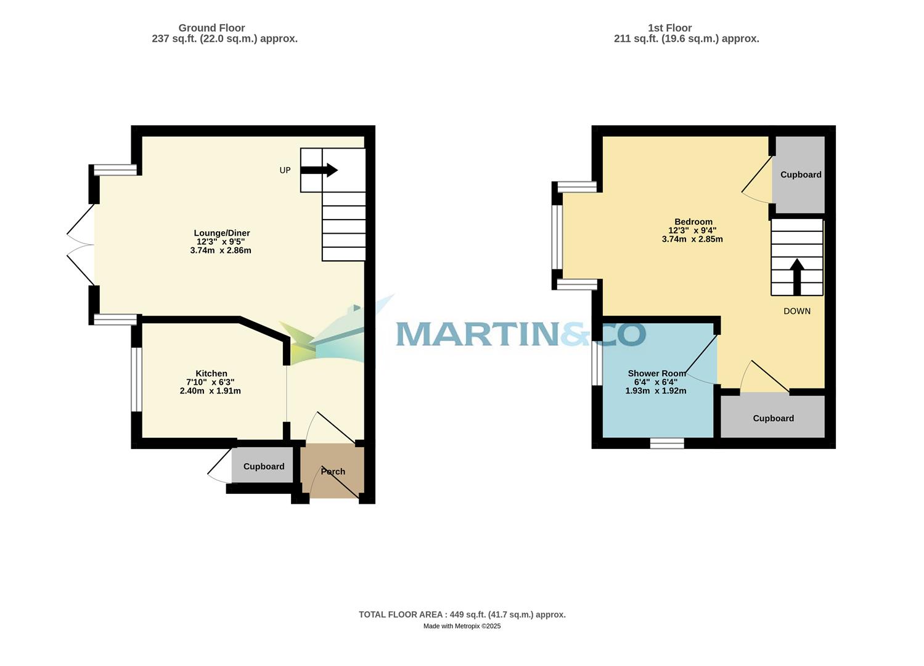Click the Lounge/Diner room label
pos(222,233)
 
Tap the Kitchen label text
pos(211,373)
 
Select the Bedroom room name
pos(693,222)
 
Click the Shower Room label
pos(656,373)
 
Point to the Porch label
pos(333,472)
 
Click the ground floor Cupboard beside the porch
pos(264,467)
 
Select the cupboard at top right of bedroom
pos(801,175)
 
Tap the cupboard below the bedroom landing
pos(773,418)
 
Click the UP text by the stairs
pos(285,170)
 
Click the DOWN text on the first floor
pos(796,311)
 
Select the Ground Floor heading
pos(211,28)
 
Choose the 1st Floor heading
pos(669,28)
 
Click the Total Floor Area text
pos(462,614)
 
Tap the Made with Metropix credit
pos(462,626)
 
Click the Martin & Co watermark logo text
pos(520,334)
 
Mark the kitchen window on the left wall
pos(137,379)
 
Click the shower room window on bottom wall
pos(667,443)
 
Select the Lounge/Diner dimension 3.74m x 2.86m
pos(221,250)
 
